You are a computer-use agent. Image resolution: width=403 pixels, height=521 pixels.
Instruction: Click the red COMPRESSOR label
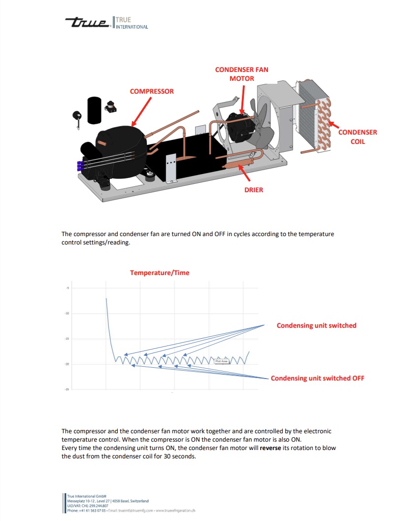pyautogui.click(x=152, y=91)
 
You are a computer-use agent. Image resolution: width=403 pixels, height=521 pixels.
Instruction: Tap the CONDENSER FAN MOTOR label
pyautogui.click(x=241, y=74)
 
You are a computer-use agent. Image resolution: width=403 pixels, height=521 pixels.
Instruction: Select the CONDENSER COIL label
pyautogui.click(x=358, y=137)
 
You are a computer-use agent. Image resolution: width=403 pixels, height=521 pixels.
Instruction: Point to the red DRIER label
pyautogui.click(x=254, y=190)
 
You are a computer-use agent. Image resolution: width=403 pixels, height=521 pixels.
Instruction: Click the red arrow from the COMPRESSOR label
pyautogui.click(x=141, y=111)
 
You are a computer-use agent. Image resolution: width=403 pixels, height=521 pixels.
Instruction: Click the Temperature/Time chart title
pyautogui.click(x=160, y=273)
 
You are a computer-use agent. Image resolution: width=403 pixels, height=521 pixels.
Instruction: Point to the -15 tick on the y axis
pyautogui.click(x=67, y=339)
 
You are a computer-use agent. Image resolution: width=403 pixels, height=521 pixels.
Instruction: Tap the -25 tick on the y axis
pyautogui.click(x=67, y=389)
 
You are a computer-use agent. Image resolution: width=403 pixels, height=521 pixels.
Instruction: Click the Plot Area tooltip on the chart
pyautogui.click(x=222, y=361)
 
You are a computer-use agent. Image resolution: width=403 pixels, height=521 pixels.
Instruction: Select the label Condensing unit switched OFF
pyautogui.click(x=318, y=378)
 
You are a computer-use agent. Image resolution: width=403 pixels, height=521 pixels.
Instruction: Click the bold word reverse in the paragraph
pyautogui.click(x=270, y=448)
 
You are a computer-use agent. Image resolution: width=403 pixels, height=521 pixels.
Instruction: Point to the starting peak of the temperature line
pyautogui.click(x=106, y=298)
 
